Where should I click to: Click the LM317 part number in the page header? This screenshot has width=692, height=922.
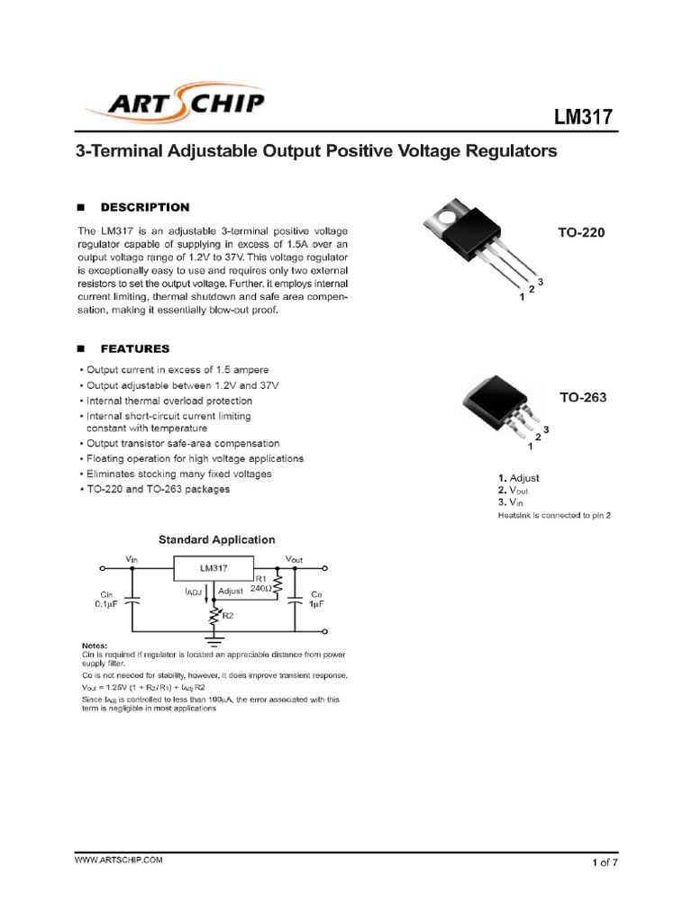click(x=583, y=117)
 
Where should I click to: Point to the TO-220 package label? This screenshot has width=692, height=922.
click(x=582, y=231)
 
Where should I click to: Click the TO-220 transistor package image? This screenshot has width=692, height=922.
click(x=473, y=241)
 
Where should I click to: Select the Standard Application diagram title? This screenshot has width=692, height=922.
click(x=217, y=539)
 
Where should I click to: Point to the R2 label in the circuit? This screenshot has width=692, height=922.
click(x=228, y=616)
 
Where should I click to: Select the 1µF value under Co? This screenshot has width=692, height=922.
click(x=316, y=606)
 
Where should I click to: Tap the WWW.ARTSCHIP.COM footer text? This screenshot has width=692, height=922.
click(x=118, y=861)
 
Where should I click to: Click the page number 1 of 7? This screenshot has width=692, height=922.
click(x=604, y=863)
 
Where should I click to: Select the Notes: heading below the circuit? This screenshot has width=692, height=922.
click(x=94, y=646)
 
